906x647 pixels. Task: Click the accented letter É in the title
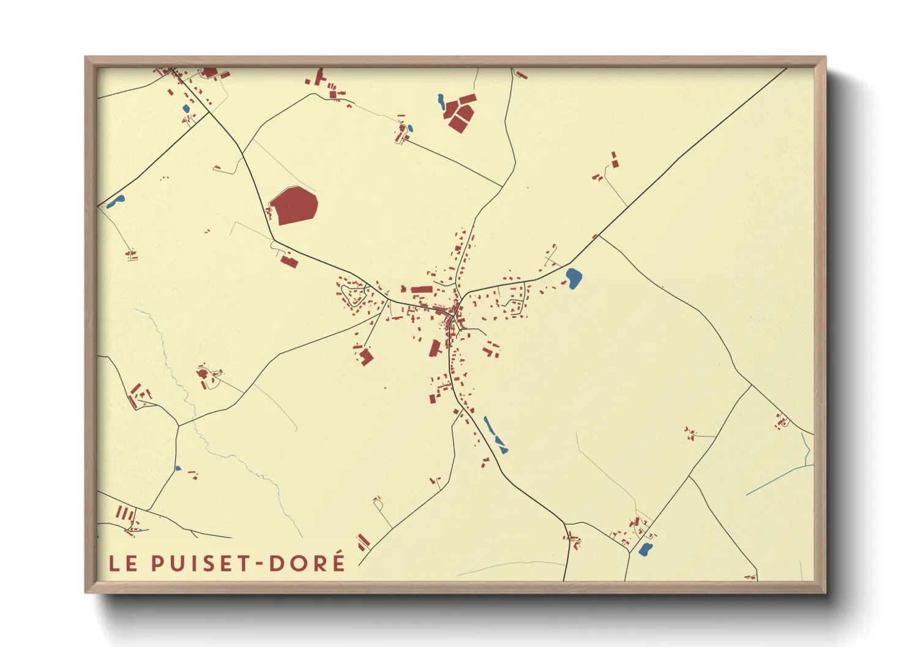pos(338,561)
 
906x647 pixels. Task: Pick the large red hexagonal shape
pos(294,205)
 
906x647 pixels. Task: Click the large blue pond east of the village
pos(574,278)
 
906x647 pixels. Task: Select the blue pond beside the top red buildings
pos(441,101)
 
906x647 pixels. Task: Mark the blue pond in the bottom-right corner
pos(645,549)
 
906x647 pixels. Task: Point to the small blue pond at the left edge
pos(115,201)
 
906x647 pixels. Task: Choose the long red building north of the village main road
pos(421,289)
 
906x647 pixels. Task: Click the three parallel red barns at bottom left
pos(124,512)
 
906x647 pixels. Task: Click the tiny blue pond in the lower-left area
pos(178,468)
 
